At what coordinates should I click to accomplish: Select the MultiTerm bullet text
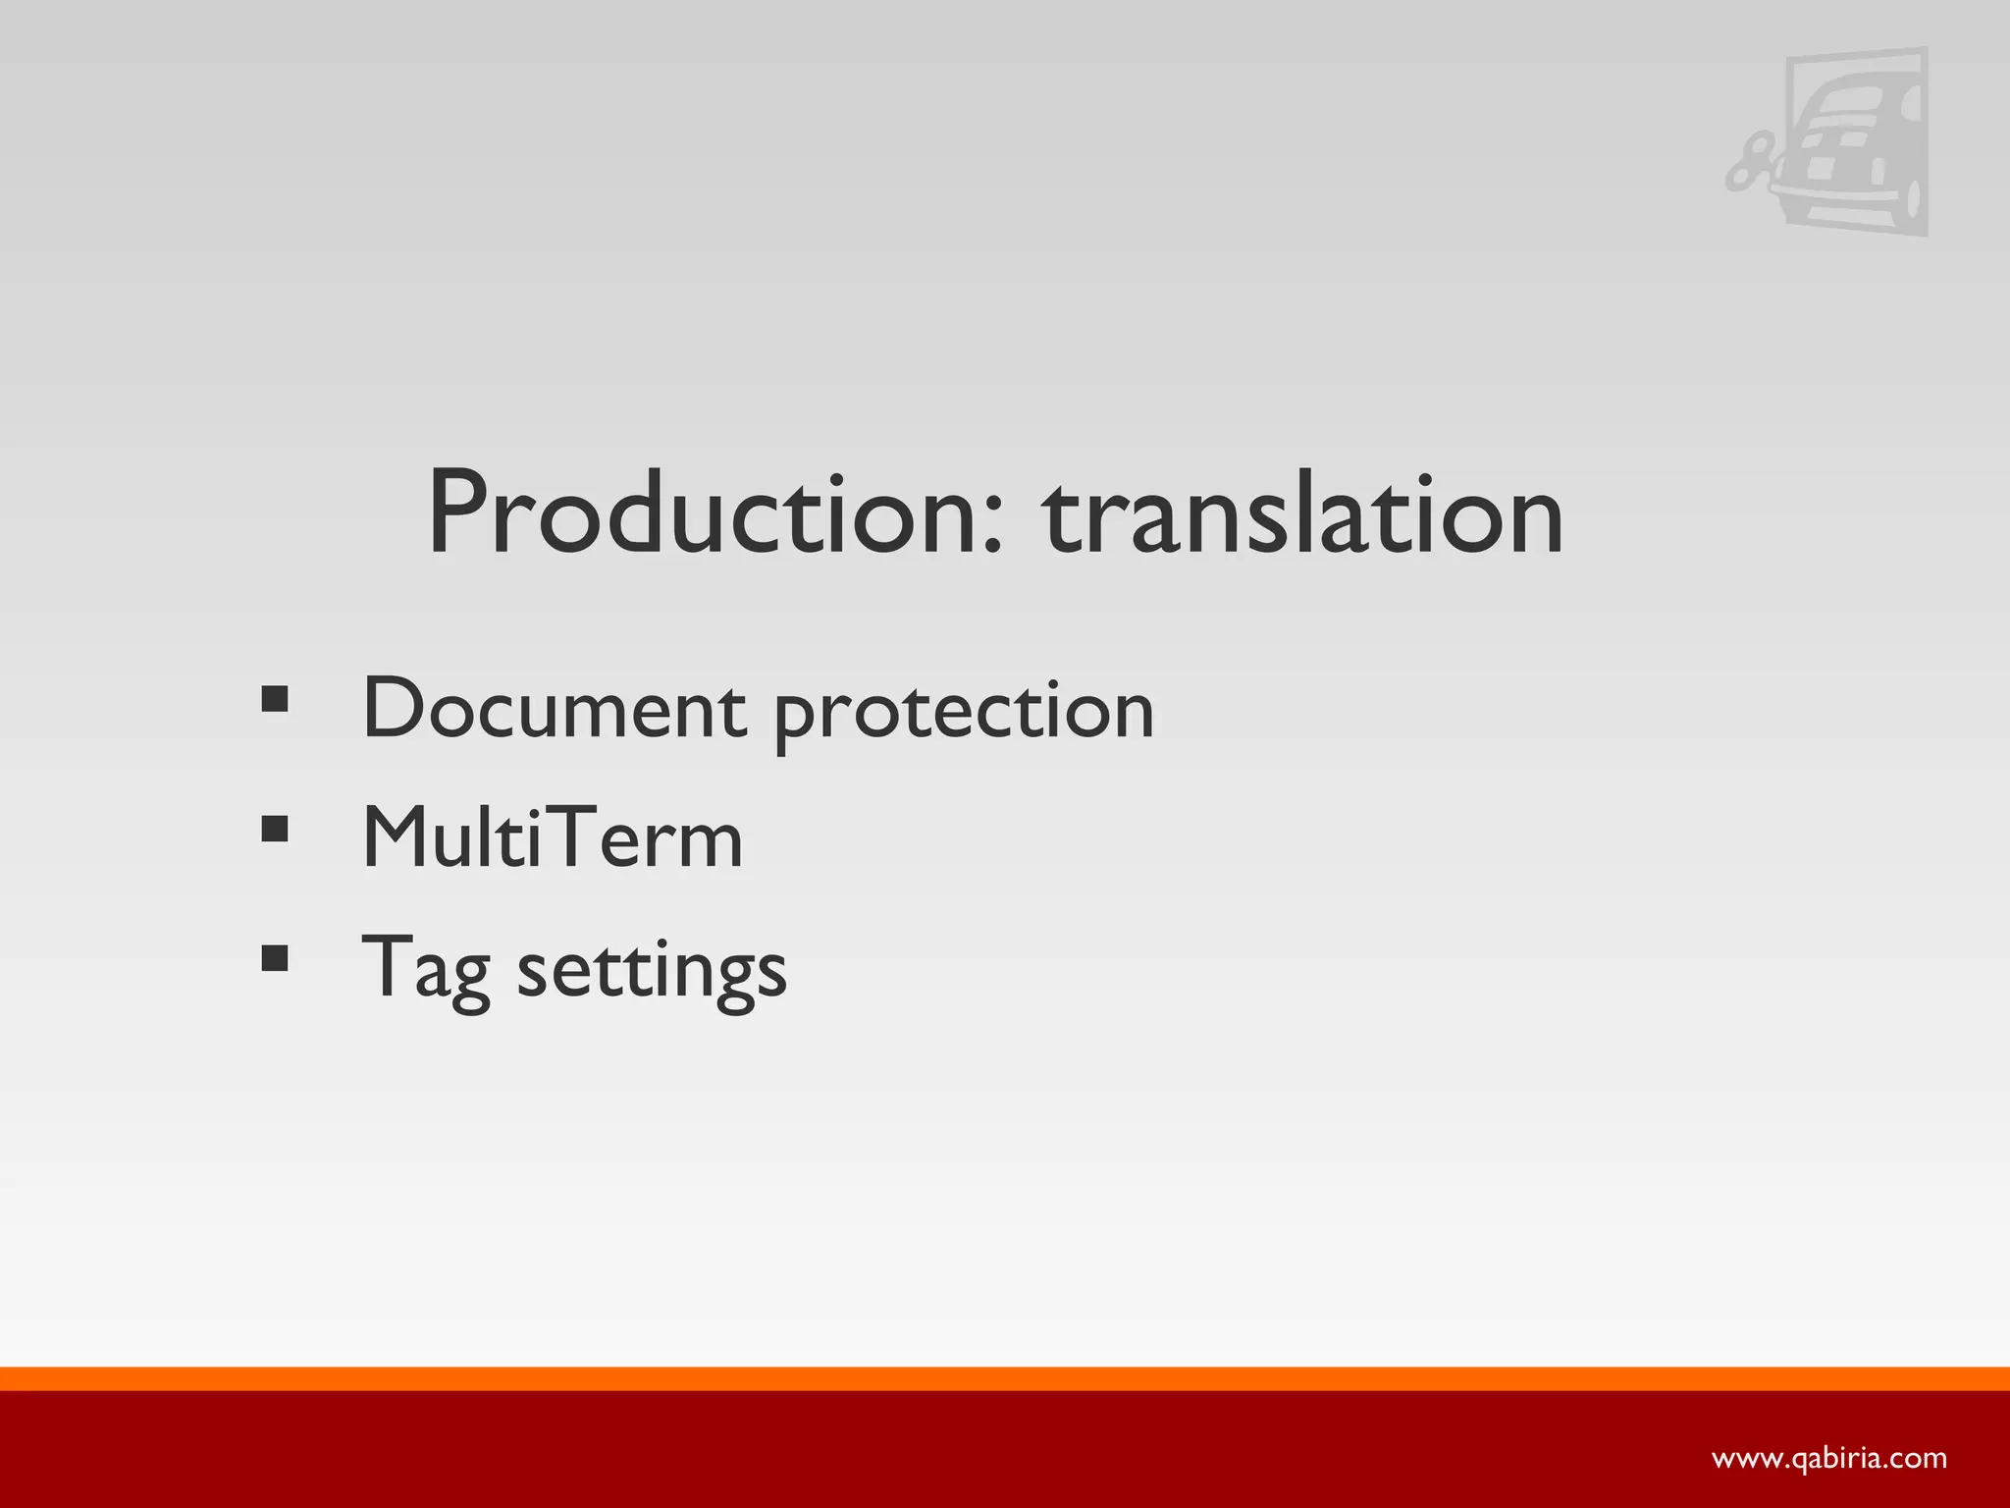553,838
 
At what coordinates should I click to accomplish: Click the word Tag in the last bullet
426,968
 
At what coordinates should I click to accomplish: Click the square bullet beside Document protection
275,700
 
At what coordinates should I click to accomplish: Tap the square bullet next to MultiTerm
275,830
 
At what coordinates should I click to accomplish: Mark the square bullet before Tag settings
275,958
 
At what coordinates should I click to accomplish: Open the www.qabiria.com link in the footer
1829,1458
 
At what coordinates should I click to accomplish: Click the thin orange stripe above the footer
1005,1378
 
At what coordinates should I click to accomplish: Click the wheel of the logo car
1908,196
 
